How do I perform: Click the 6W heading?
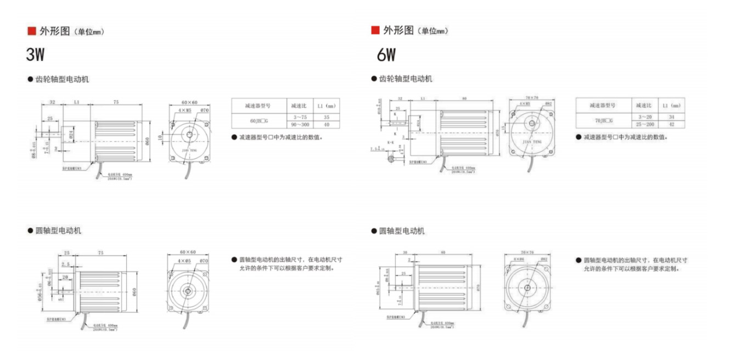pos(386,54)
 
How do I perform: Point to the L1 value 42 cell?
pos(671,125)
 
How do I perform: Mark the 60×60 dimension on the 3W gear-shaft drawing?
pos(189,103)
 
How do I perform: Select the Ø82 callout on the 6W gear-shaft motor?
pos(547,104)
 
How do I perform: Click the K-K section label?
pos(390,143)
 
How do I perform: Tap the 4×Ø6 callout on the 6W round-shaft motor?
pos(519,258)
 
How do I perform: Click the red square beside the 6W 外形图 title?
pos(375,30)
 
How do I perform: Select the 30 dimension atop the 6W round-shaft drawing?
pos(405,253)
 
